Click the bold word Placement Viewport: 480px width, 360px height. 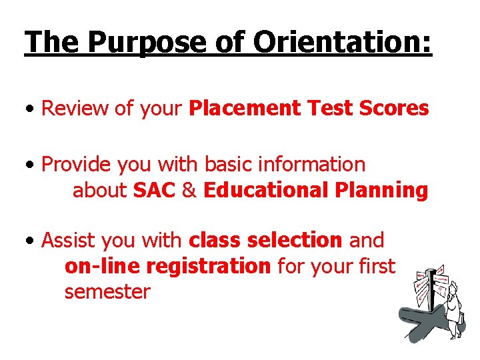tap(245, 109)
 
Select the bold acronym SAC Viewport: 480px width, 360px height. tap(154, 190)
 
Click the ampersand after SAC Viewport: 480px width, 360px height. tap(189, 190)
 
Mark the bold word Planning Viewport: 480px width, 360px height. tap(382, 190)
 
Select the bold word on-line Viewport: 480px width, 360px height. tap(102, 266)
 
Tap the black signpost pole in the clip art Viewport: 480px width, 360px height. tap(431, 293)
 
